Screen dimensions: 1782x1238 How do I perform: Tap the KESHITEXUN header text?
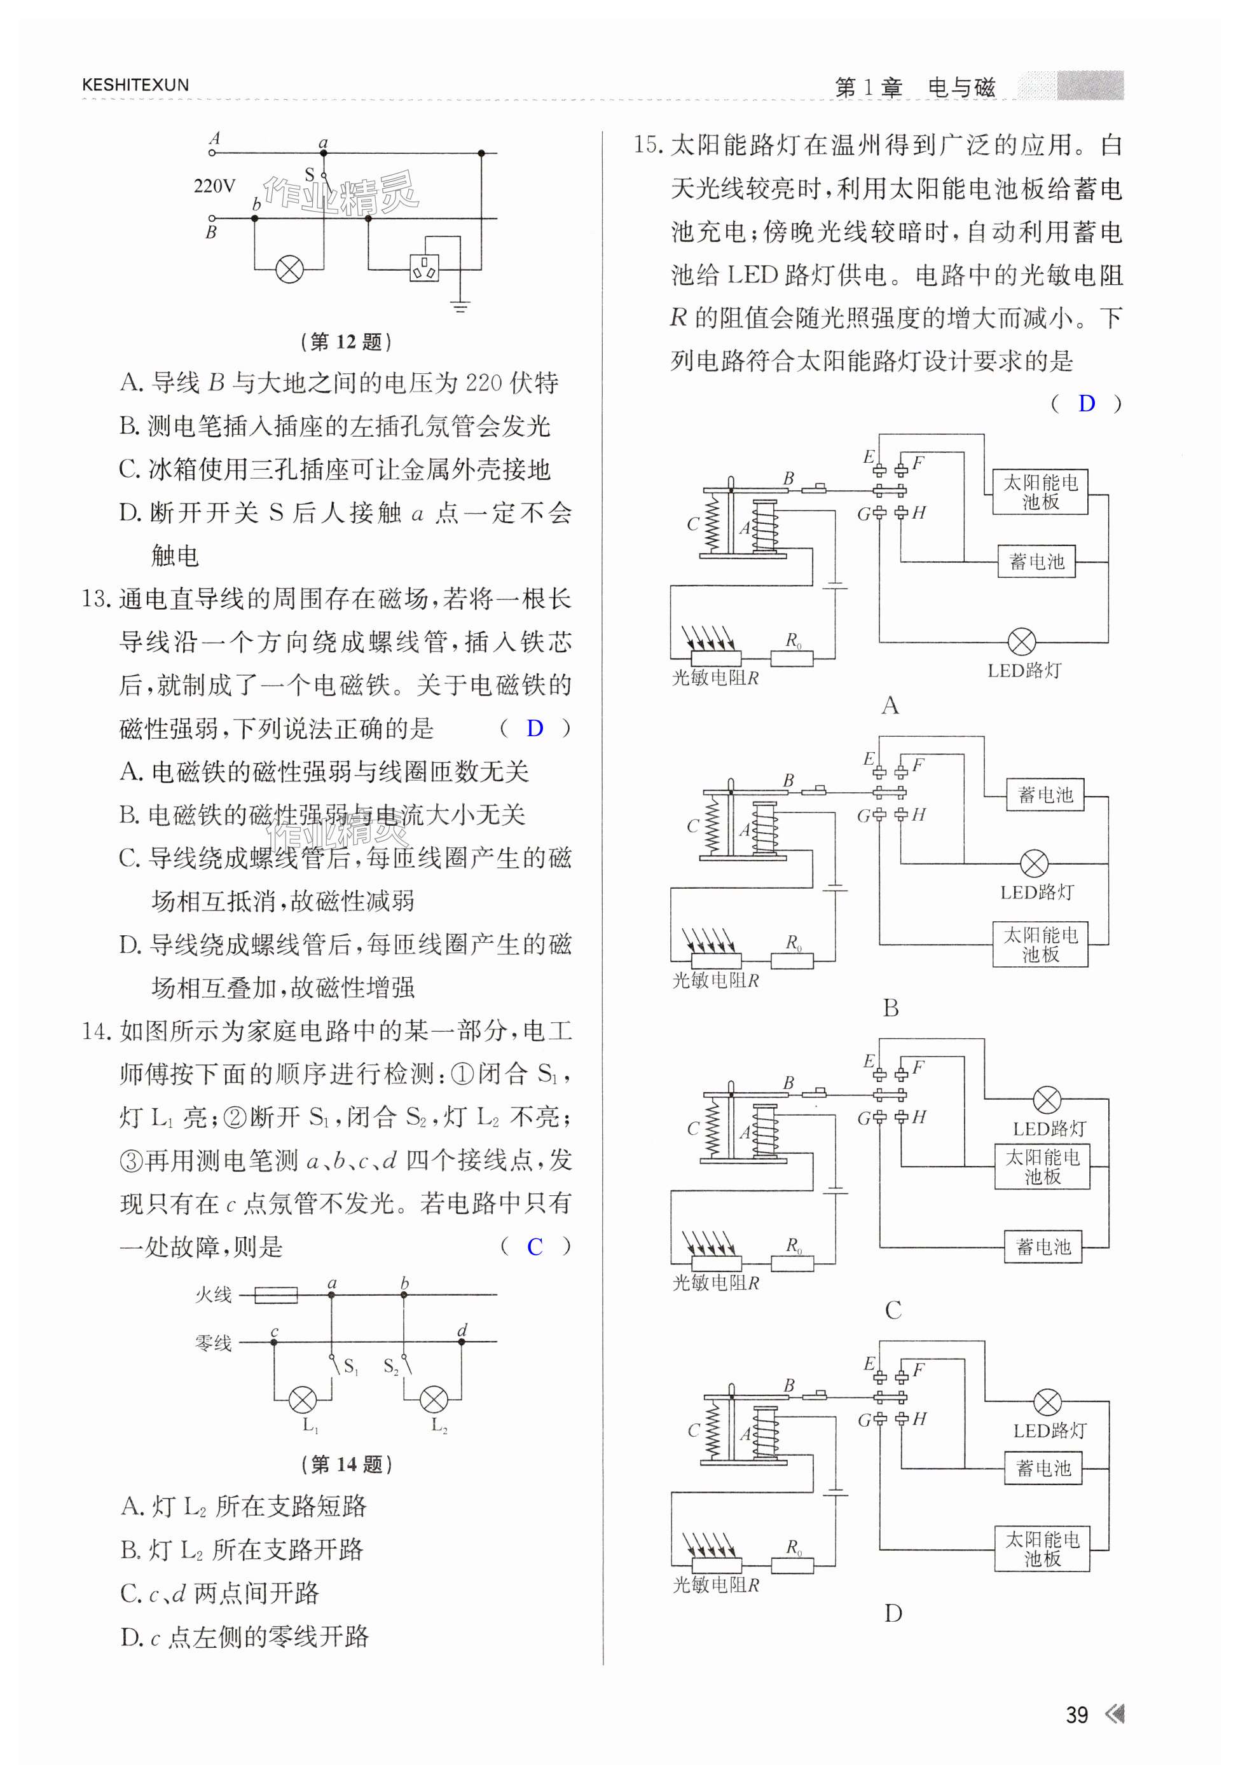(x=135, y=85)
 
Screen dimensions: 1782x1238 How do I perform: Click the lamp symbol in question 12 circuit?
(x=289, y=269)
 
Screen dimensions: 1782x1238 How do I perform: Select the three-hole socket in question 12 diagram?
(x=424, y=268)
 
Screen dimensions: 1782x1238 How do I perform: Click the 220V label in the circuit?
(x=214, y=186)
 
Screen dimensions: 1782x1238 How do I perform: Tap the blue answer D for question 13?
(x=535, y=728)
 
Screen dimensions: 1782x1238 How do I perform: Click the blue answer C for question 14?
(x=535, y=1247)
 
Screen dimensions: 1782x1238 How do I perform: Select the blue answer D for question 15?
(x=1086, y=403)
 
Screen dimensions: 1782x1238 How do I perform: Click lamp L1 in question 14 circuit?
(x=302, y=1400)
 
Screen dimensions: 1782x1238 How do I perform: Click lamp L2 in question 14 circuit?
(x=434, y=1400)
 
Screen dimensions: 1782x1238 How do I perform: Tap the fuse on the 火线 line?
(x=275, y=1294)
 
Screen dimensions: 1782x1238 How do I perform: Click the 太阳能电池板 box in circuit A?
(x=1040, y=491)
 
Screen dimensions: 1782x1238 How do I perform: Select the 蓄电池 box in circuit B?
(x=1045, y=795)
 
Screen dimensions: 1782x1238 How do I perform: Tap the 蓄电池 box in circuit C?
(x=1043, y=1247)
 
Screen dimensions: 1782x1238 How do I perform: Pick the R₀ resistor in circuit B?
(x=792, y=961)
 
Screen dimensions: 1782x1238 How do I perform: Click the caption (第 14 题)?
(x=346, y=1464)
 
